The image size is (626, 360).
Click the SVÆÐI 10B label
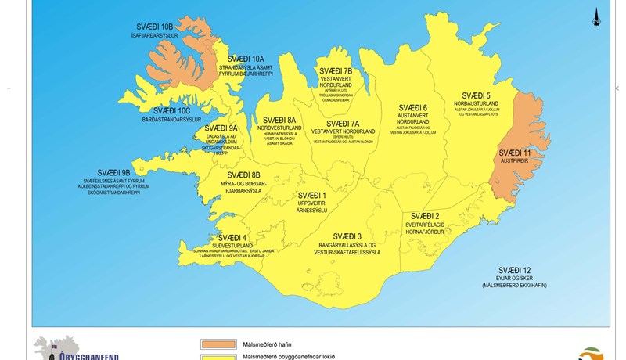tap(155, 27)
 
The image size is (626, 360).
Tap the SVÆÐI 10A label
tap(246, 59)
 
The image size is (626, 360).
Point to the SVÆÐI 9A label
tap(221, 128)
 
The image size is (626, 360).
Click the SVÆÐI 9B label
tap(113, 172)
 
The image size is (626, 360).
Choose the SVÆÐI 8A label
tap(280, 120)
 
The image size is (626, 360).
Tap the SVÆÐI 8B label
tap(244, 175)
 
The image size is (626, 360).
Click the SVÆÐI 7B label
tap(336, 71)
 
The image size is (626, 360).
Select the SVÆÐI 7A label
tap(343, 124)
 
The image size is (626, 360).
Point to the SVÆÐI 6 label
tap(412, 108)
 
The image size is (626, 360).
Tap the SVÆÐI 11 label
tap(515, 153)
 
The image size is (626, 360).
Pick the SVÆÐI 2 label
tap(425, 216)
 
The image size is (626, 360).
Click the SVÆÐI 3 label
tap(347, 236)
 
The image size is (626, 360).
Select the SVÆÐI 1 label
tap(312, 195)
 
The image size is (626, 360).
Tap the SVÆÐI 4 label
tap(232, 238)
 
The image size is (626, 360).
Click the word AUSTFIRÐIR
tap(515, 160)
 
